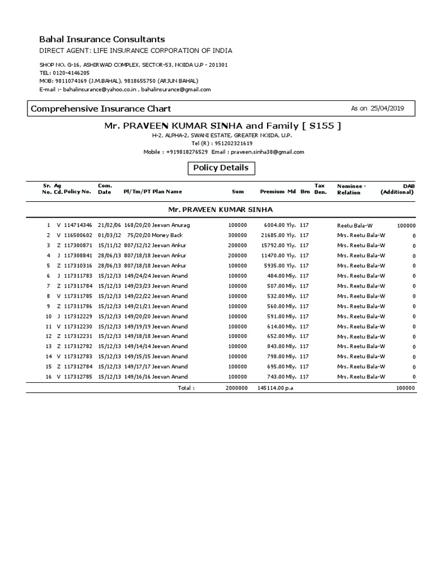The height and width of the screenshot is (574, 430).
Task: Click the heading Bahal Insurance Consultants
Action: coord(101,39)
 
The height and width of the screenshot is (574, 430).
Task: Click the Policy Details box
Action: coord(221,168)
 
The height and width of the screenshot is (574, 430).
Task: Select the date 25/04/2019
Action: coord(387,109)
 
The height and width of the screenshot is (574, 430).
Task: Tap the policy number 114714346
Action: coord(77,225)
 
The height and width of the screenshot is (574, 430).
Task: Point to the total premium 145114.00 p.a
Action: coord(275,387)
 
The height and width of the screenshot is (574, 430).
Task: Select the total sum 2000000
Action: coord(236,387)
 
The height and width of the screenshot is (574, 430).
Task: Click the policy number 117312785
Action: coord(77,377)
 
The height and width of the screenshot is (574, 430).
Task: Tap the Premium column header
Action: coord(272,192)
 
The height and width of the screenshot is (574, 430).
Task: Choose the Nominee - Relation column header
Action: coord(351,189)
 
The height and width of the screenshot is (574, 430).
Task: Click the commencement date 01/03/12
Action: coord(108,235)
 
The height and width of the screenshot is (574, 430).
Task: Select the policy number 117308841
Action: coord(77,255)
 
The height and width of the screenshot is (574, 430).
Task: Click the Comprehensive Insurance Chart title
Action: coord(101,109)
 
